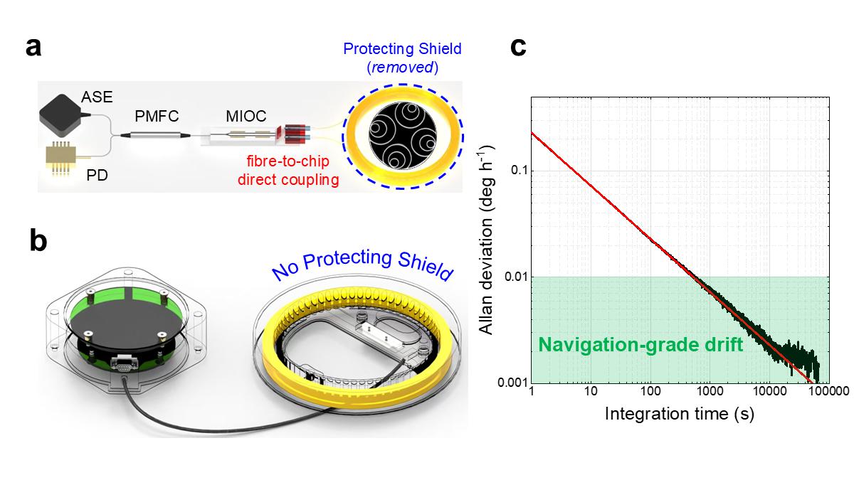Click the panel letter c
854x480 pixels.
(x=519, y=48)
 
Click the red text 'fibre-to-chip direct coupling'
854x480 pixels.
(x=297, y=171)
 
